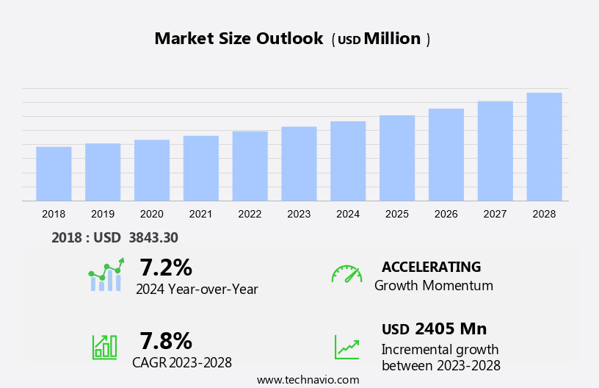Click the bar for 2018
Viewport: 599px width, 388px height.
[x=54, y=173]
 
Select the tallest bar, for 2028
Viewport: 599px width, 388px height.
[x=544, y=147]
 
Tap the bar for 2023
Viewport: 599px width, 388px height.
[x=299, y=163]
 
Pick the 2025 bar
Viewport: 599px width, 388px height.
[x=397, y=158]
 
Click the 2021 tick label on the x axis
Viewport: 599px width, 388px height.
[x=200, y=214]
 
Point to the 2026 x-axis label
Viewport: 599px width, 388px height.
[x=446, y=214]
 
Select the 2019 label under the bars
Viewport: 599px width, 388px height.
[x=103, y=214]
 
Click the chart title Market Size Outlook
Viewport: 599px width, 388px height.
[x=239, y=39]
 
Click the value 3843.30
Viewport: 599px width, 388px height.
[x=153, y=237]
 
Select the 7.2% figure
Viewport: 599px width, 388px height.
[x=166, y=267]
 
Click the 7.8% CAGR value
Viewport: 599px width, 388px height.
[x=166, y=340]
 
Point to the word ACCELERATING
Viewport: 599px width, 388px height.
[x=431, y=267]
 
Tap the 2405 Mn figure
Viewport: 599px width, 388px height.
[x=450, y=328]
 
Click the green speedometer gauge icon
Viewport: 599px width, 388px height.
[x=346, y=274]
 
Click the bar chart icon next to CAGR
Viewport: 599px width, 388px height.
[x=104, y=347]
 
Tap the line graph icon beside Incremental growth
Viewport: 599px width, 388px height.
[x=346, y=347]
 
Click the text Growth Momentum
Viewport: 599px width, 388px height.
[x=433, y=286]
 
